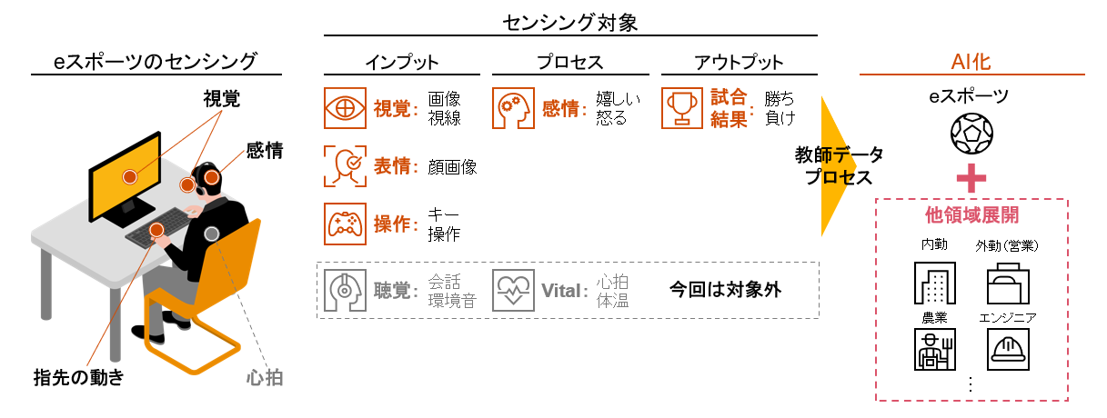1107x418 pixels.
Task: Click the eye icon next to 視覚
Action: [346, 107]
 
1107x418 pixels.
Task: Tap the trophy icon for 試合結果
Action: [681, 107]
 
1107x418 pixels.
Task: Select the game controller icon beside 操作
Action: [346, 224]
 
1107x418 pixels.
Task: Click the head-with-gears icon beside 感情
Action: [514, 107]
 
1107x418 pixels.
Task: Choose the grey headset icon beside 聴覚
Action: [346, 290]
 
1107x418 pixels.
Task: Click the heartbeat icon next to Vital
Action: [514, 290]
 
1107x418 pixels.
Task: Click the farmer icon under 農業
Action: [935, 348]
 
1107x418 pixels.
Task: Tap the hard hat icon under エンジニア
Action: [1007, 348]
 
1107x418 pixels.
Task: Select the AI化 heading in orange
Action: [971, 62]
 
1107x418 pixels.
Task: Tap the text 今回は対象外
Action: [725, 290]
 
